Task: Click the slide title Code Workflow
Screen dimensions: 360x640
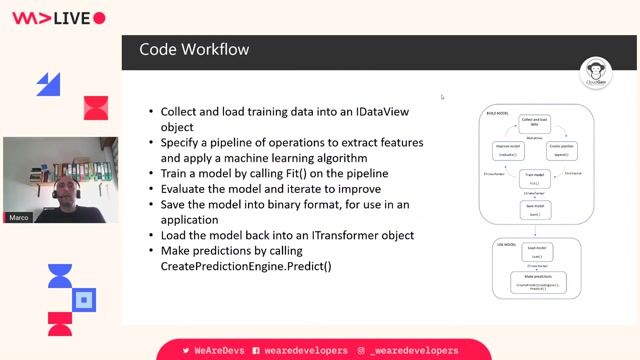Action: coord(194,49)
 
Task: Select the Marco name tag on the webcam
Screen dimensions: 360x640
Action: coord(18,217)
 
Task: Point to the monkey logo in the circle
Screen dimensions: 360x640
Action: coord(595,72)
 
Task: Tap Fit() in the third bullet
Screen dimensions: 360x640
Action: coord(277,173)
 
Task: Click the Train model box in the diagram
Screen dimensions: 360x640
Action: coord(535,181)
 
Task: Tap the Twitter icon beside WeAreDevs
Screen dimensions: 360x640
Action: coord(186,351)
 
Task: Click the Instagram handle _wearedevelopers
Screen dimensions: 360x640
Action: coord(413,351)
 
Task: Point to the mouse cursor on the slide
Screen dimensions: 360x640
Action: coord(442,97)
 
